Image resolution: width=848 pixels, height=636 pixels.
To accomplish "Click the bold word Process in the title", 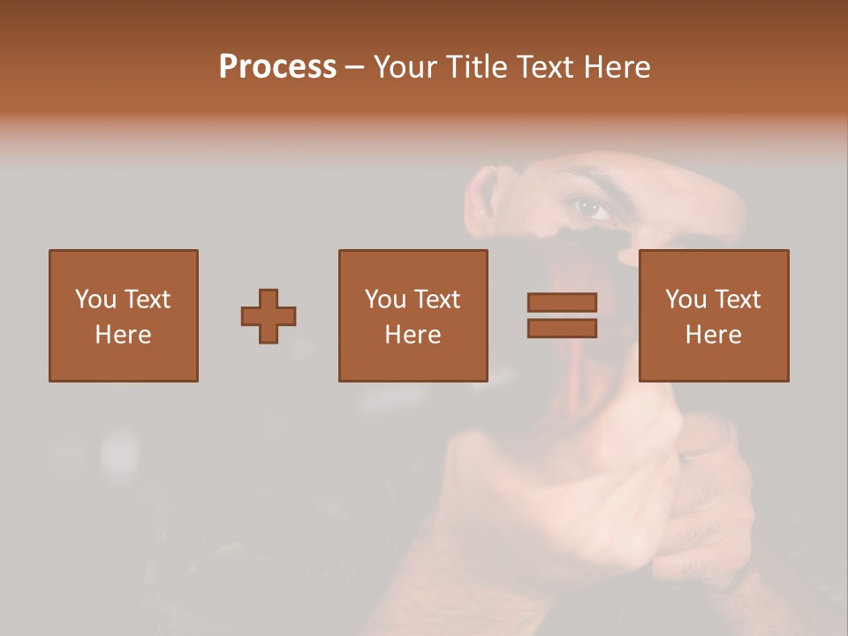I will click(x=277, y=67).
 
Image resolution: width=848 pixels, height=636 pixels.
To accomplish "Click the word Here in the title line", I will click(x=619, y=67).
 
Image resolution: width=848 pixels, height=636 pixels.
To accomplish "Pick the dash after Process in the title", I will click(x=354, y=69).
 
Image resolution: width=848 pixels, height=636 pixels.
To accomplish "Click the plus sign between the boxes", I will click(x=269, y=316).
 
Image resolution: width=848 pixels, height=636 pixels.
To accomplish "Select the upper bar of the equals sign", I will click(x=562, y=303).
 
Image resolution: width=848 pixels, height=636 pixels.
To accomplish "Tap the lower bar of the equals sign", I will click(x=562, y=329).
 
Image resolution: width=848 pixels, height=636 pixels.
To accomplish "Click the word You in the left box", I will click(x=95, y=299).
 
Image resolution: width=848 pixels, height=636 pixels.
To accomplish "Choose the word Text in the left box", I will click(x=148, y=299).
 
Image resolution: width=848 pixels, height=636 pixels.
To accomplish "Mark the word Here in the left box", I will click(x=123, y=335).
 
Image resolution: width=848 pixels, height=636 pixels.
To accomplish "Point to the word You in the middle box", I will click(x=385, y=299).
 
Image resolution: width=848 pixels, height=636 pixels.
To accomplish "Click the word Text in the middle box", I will click(x=437, y=299).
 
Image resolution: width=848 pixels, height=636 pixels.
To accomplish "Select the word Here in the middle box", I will click(x=413, y=335).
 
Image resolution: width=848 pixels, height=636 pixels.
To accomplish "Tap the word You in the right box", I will click(x=685, y=299).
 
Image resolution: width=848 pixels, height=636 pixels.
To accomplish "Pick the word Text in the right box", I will click(x=738, y=299).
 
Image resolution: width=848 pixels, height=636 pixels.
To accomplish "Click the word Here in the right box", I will click(x=713, y=335).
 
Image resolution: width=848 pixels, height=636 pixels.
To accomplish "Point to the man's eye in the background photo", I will click(x=590, y=208).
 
